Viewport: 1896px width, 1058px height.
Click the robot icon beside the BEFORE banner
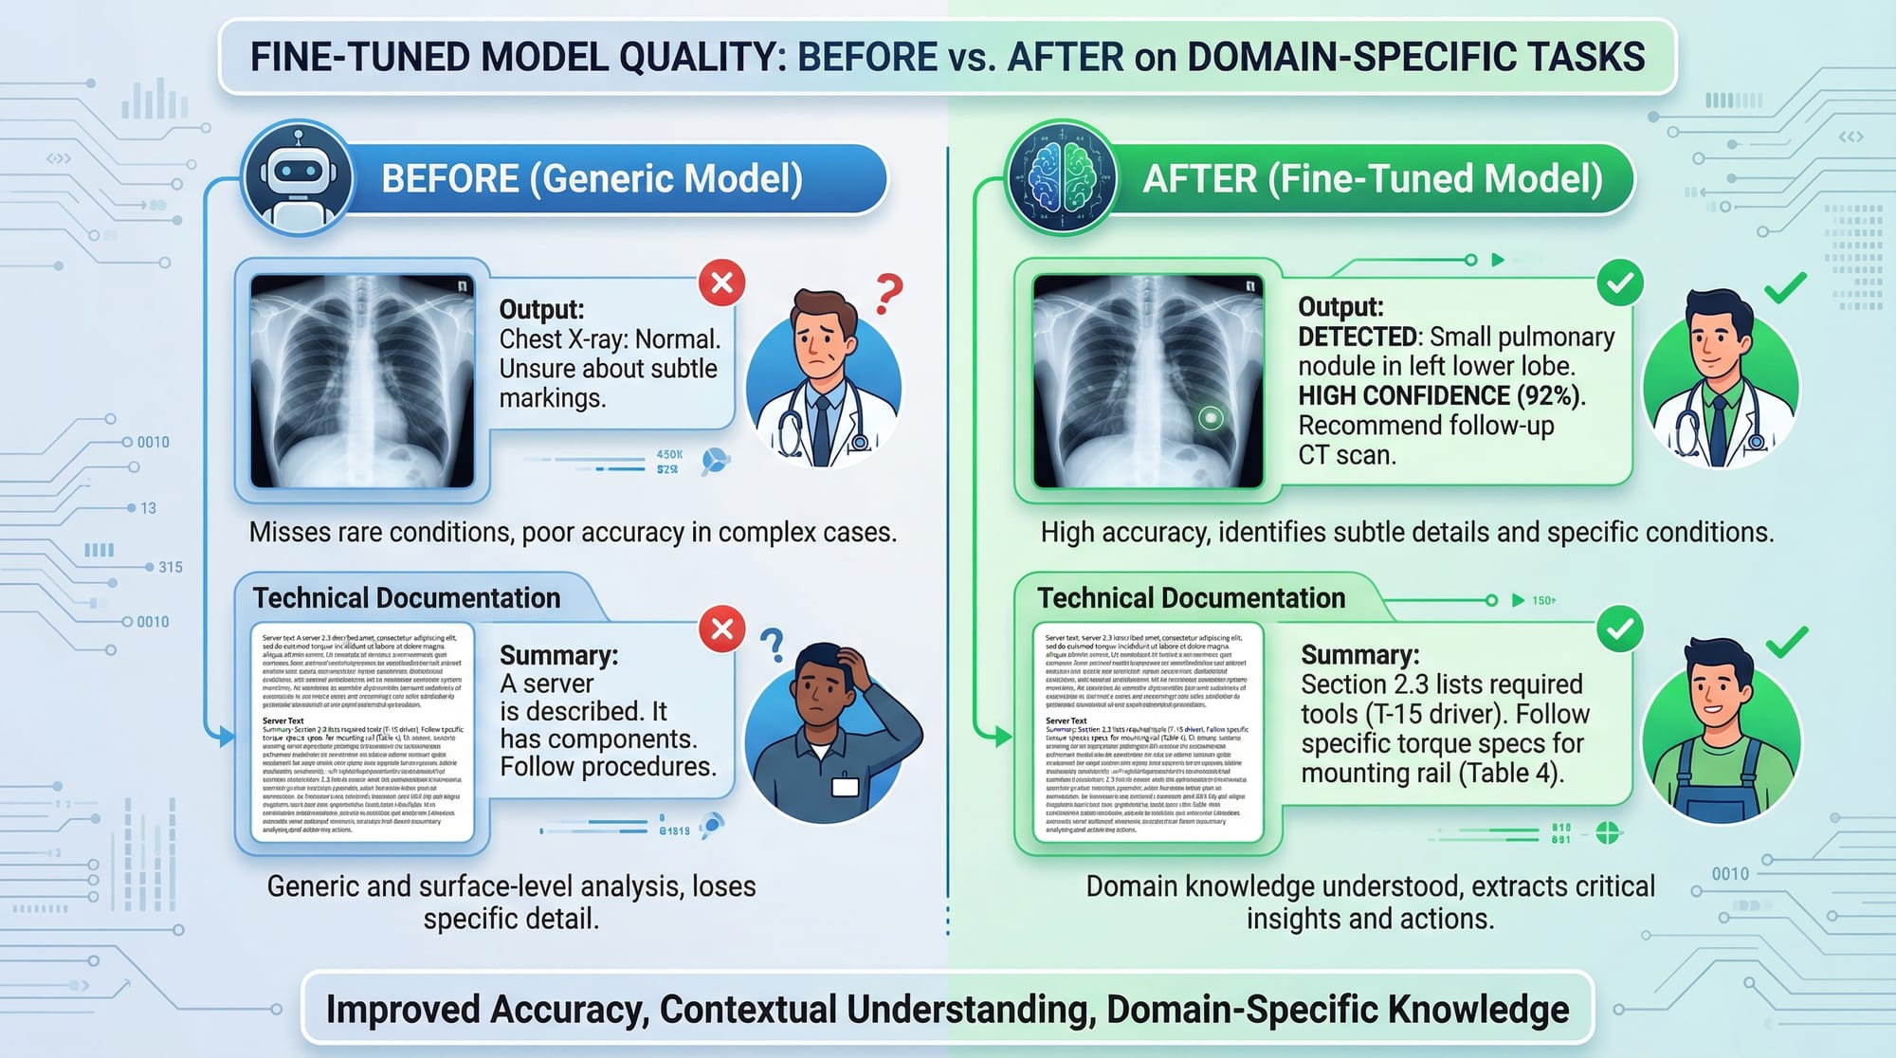(x=298, y=177)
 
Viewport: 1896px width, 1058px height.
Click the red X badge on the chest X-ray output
(x=721, y=283)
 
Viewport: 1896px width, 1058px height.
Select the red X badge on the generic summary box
(x=721, y=629)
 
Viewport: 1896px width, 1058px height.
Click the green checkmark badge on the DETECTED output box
(x=1620, y=283)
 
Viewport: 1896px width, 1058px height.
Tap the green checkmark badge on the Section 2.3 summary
(x=1620, y=629)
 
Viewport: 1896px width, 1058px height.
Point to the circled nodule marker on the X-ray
(x=1211, y=417)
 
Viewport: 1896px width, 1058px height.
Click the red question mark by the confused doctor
(x=888, y=294)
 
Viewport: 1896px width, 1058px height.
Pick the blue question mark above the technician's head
(x=774, y=645)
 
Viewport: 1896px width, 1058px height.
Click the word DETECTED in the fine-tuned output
(x=1358, y=337)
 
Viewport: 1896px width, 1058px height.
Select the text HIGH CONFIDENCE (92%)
(x=1441, y=396)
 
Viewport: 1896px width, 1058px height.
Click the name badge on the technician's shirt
(x=845, y=786)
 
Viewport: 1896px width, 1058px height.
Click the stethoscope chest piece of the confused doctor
(x=860, y=442)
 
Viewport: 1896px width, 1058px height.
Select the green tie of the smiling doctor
(x=1718, y=427)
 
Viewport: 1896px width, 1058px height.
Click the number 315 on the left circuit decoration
(x=171, y=567)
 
